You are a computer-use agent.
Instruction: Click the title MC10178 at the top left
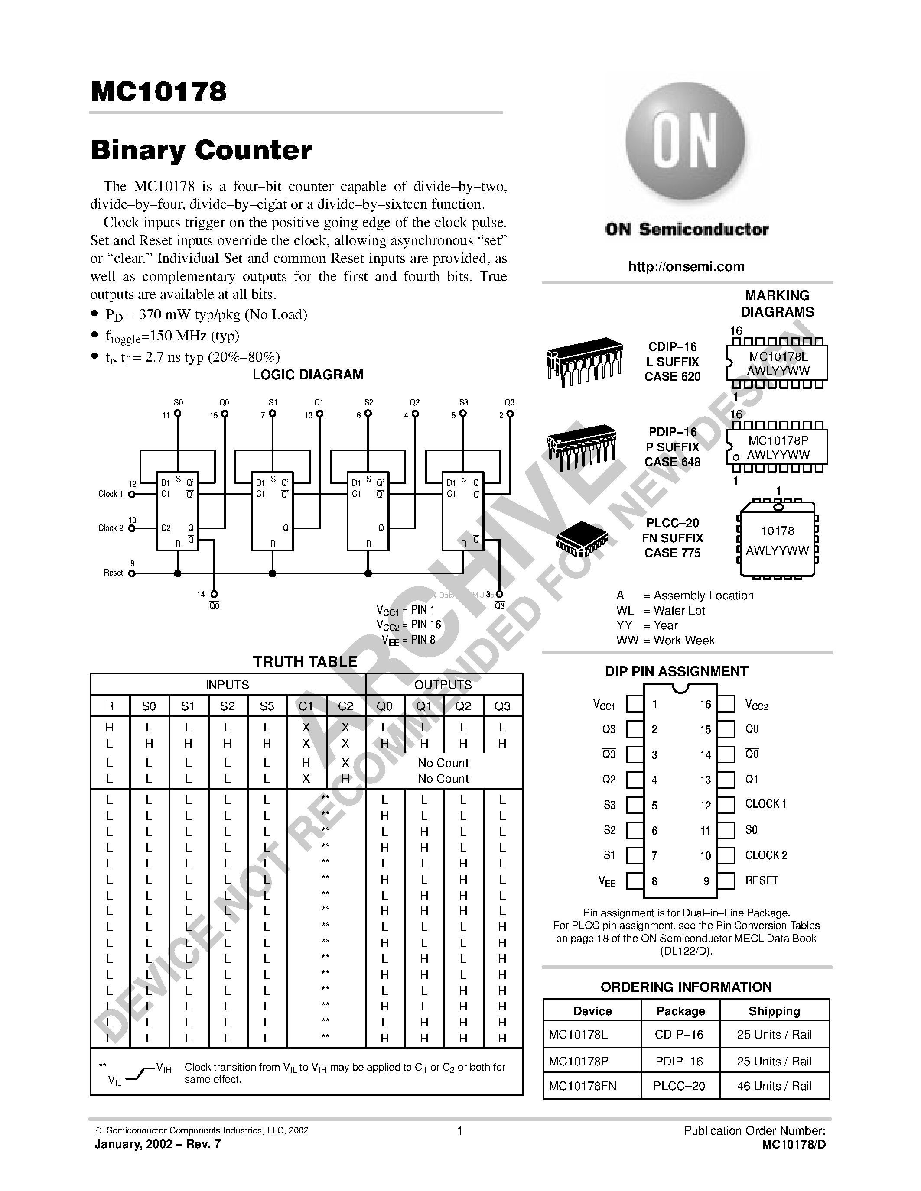coord(158,92)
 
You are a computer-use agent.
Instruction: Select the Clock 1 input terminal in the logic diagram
coord(131,494)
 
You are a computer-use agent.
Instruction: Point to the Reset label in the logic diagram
coord(113,573)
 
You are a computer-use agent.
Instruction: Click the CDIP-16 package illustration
coord(584,360)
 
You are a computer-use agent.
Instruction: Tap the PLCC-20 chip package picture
coord(581,538)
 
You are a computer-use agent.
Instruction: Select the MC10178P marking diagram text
coord(778,440)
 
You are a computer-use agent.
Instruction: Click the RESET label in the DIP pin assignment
coord(761,880)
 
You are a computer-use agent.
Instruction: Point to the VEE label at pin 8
coord(607,881)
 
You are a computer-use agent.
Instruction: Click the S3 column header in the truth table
coord(267,706)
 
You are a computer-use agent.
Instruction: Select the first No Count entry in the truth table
coord(443,763)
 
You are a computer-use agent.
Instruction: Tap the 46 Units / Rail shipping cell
coord(774,1086)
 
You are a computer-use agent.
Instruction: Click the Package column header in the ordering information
coord(680,1010)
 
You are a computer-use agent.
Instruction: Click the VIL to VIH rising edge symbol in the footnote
coord(141,1074)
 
